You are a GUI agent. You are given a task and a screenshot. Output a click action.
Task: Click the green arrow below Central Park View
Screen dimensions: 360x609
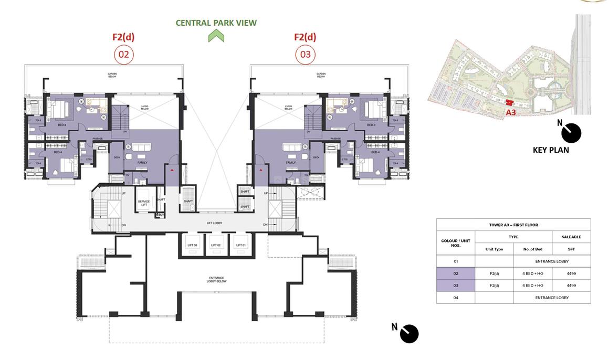pyautogui.click(x=216, y=36)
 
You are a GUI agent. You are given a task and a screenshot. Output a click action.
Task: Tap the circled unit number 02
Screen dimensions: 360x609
pyautogui.click(x=124, y=55)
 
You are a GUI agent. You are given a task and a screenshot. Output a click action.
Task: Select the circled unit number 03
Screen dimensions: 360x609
pyautogui.click(x=305, y=55)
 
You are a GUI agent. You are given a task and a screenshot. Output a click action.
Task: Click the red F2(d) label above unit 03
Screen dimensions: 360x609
pyautogui.click(x=305, y=37)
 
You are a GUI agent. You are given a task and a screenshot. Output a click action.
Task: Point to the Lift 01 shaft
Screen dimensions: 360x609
pyautogui.click(x=241, y=245)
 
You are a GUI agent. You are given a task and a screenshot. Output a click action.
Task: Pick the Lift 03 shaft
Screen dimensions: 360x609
pyautogui.click(x=192, y=245)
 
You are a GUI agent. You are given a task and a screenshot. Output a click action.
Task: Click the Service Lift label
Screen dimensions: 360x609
pyautogui.click(x=143, y=203)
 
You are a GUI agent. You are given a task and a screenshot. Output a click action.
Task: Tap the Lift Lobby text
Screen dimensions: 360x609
pyautogui.click(x=214, y=223)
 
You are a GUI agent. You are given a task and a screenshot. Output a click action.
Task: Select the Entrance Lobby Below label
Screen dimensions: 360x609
pyautogui.click(x=216, y=280)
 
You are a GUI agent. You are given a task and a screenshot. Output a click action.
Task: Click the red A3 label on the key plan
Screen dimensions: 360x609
pyautogui.click(x=510, y=112)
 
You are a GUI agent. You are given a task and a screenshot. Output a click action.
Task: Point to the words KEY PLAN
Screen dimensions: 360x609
pyautogui.click(x=551, y=150)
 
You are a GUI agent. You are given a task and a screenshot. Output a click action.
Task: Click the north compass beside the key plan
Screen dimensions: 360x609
pyautogui.click(x=570, y=133)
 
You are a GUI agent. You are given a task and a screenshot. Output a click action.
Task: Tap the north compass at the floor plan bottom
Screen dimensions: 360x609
pyautogui.click(x=408, y=333)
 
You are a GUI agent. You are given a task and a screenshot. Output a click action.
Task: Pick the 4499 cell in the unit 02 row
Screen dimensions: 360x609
pyautogui.click(x=571, y=273)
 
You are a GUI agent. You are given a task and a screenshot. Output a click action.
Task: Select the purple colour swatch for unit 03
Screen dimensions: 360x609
pyautogui.click(x=455, y=285)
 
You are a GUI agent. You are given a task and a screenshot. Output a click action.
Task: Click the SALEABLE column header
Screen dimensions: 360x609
pyautogui.click(x=571, y=237)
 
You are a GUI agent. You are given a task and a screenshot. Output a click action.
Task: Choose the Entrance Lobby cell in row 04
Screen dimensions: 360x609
pyautogui.click(x=552, y=298)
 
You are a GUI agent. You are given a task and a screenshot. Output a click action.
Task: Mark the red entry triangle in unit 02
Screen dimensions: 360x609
pyautogui.click(x=172, y=170)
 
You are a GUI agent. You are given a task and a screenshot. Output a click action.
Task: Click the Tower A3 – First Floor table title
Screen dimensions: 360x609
pyautogui.click(x=513, y=225)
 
